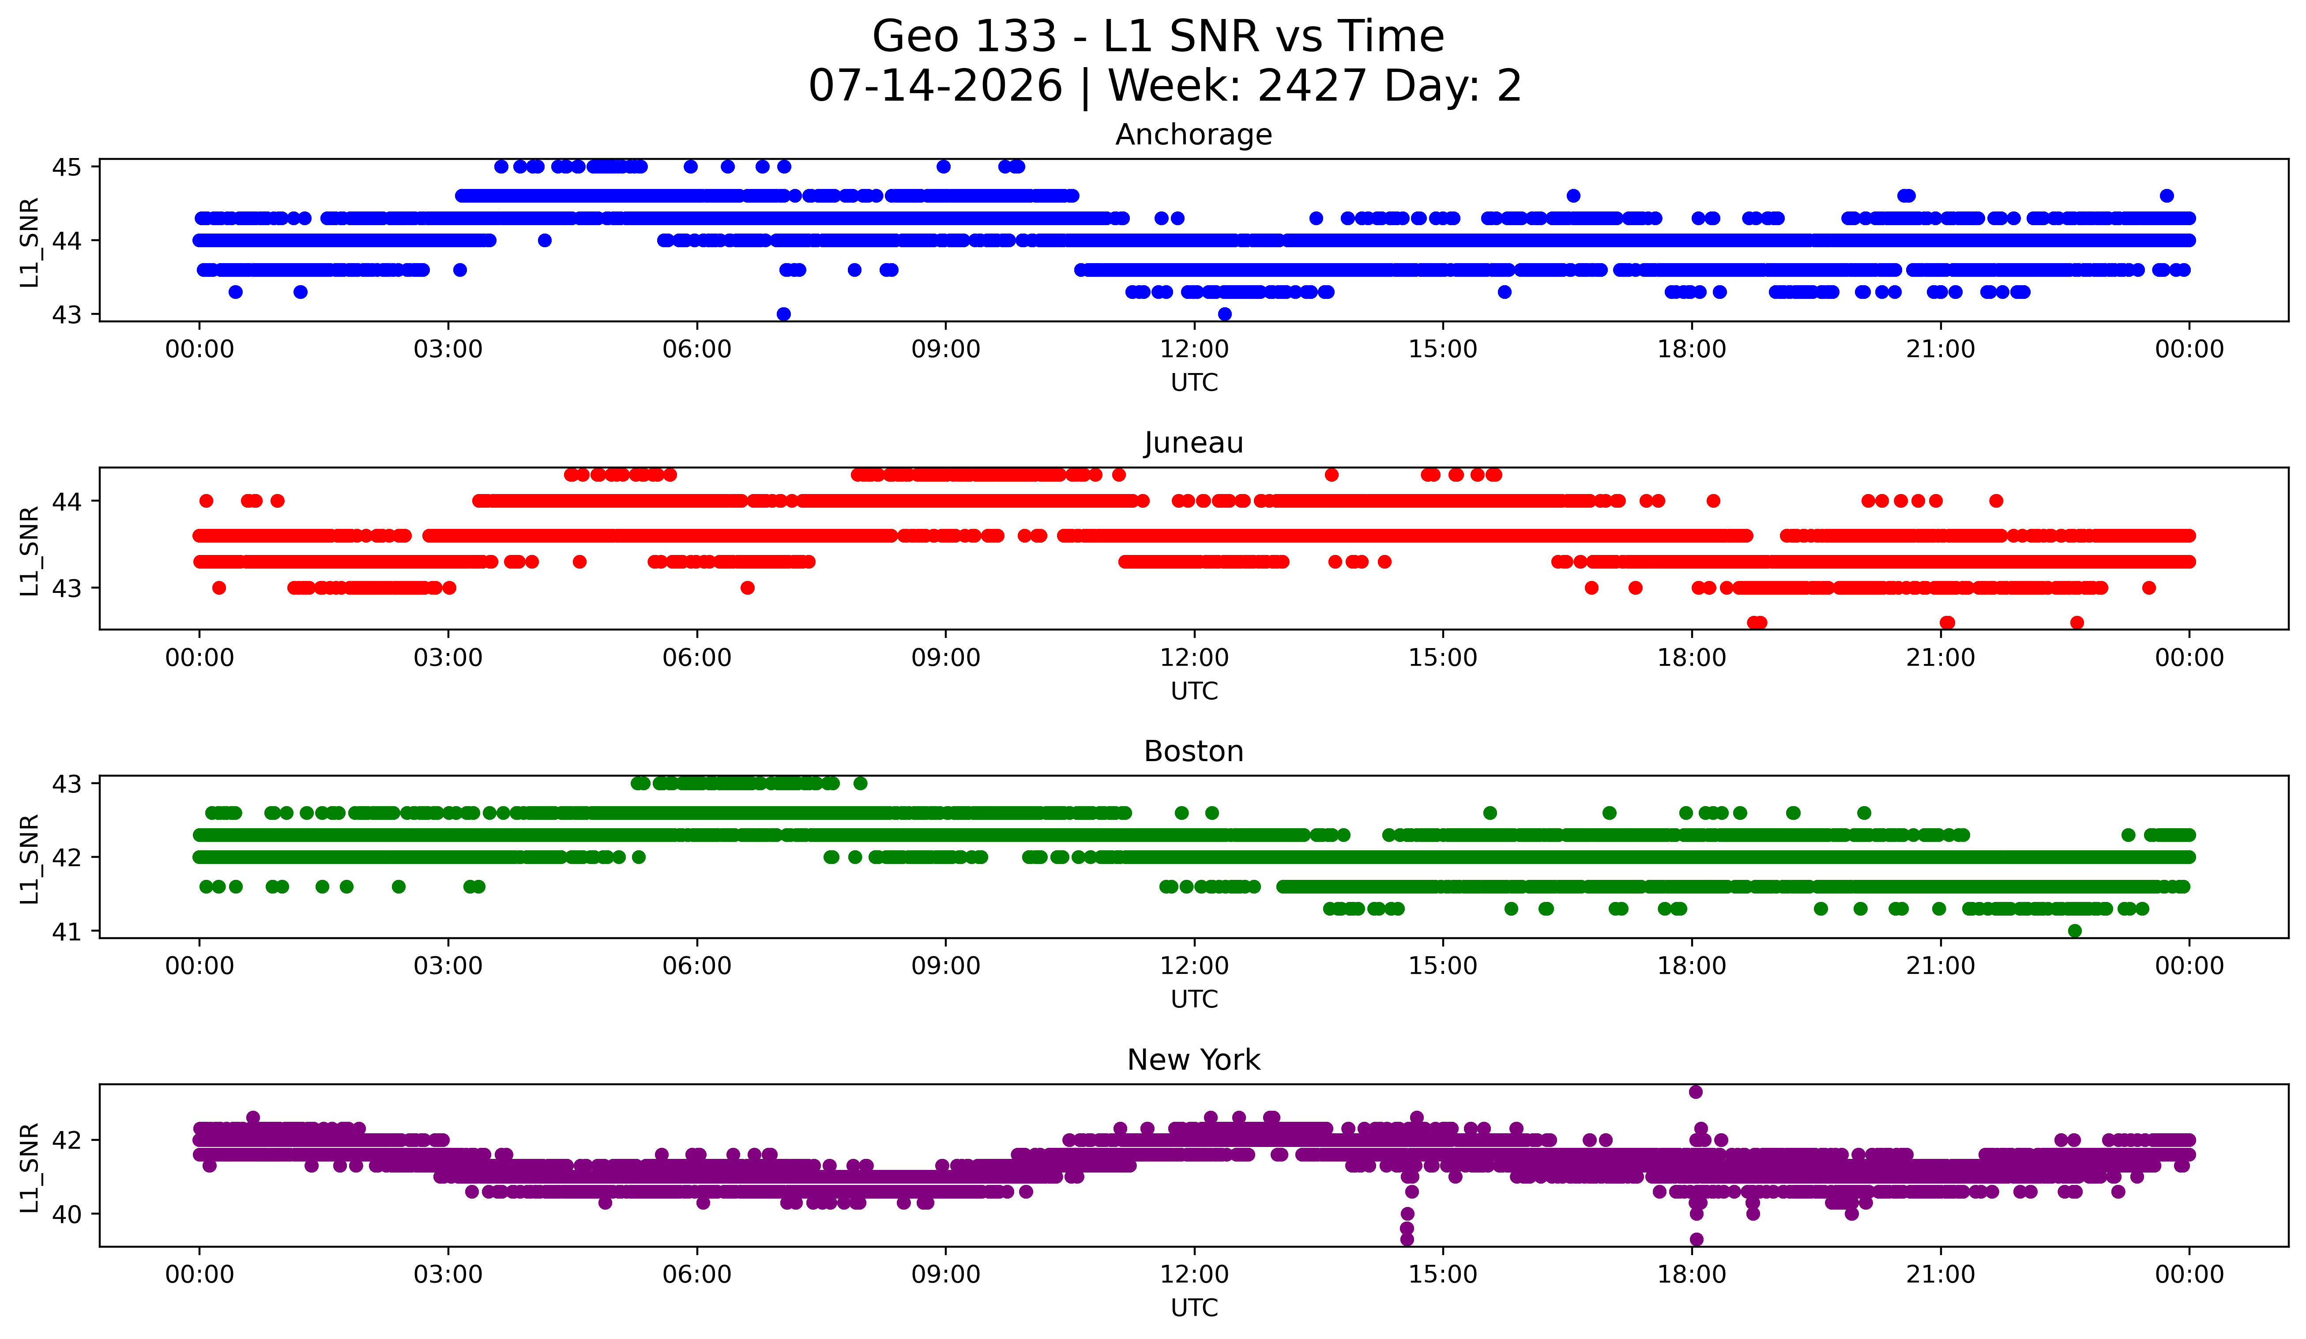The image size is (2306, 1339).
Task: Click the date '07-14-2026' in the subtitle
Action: tap(935, 86)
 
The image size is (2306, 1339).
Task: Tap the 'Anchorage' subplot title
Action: tap(1193, 135)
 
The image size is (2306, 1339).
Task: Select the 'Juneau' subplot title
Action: tap(1193, 443)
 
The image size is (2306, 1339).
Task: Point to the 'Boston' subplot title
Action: tap(1193, 751)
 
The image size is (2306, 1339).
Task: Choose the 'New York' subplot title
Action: tap(1193, 1060)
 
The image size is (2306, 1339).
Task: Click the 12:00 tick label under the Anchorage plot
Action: tap(1194, 349)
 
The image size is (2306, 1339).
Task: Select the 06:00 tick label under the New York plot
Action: tap(697, 1274)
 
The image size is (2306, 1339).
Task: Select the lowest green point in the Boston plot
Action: tap(2074, 931)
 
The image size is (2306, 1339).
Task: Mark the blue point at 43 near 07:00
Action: tap(783, 314)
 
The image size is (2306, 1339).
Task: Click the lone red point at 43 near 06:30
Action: tap(748, 588)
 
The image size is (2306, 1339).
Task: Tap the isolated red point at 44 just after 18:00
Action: tap(1713, 501)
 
